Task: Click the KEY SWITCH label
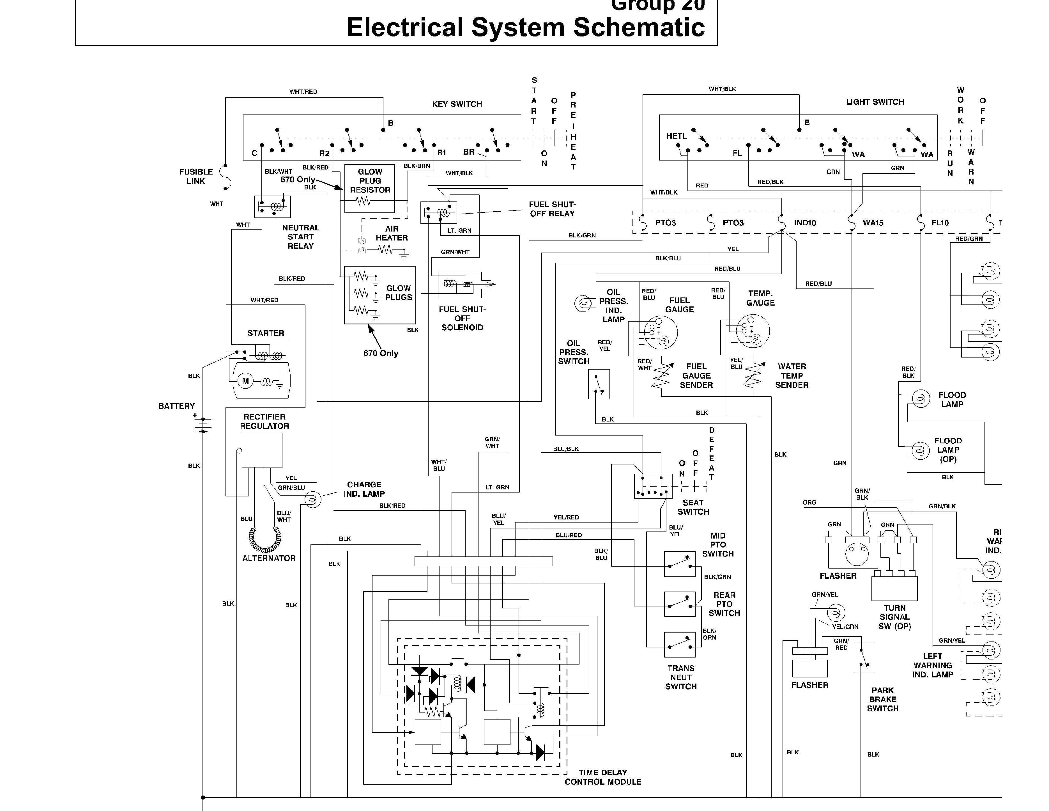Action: [457, 104]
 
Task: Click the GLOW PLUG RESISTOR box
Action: [370, 189]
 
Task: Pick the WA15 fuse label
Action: [873, 223]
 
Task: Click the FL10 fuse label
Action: [940, 223]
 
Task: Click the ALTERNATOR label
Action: [269, 558]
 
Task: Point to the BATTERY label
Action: [177, 406]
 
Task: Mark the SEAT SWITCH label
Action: [693, 507]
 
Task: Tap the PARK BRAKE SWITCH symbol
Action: [864, 657]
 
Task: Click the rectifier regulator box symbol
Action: [262, 450]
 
